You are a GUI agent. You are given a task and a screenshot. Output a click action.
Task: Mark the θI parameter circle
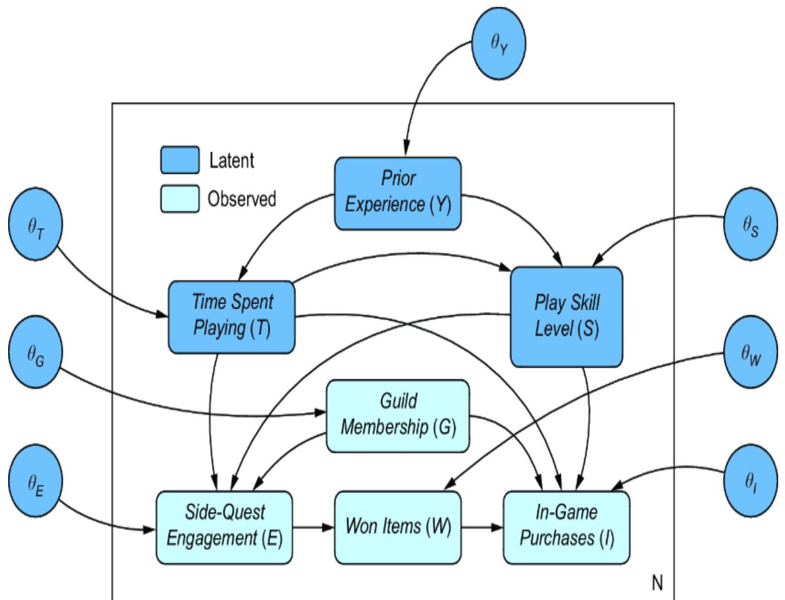pyautogui.click(x=750, y=480)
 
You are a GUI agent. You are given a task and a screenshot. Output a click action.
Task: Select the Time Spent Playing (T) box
pyautogui.click(x=231, y=316)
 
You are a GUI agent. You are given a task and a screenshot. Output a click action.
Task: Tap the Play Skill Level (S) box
pyautogui.click(x=566, y=316)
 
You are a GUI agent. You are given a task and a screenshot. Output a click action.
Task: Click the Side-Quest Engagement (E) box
pyautogui.click(x=224, y=527)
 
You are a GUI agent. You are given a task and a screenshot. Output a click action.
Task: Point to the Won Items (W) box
pyautogui.click(x=398, y=527)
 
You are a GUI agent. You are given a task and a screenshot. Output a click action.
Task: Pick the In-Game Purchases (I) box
pyautogui.click(x=566, y=527)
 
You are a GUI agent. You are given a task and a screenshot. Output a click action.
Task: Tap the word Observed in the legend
pyautogui.click(x=242, y=199)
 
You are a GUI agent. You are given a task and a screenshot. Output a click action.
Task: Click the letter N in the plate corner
pyautogui.click(x=657, y=583)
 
